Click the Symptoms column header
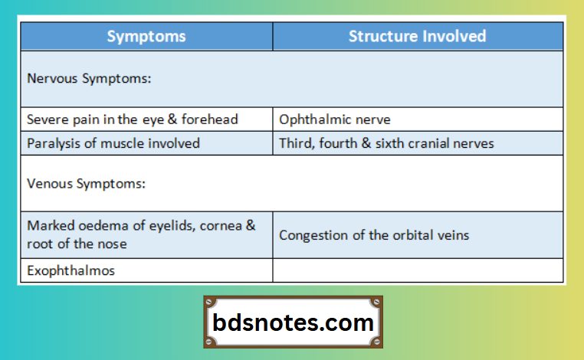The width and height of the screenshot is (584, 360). tap(146, 36)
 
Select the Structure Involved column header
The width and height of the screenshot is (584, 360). tap(417, 36)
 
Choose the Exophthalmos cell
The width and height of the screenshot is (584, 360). tap(71, 270)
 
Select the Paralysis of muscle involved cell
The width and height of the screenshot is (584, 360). tap(113, 143)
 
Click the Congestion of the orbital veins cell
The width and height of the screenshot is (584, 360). tap(374, 235)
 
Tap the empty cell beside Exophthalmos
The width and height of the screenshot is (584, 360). tap(418, 270)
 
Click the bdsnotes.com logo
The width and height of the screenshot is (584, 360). tap(293, 322)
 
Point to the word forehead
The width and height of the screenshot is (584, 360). tap(210, 119)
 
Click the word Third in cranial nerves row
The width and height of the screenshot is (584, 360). tap(294, 143)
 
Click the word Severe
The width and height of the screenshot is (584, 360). tap(45, 119)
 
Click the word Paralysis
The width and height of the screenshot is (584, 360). tap(51, 143)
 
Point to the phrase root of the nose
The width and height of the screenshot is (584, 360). tap(77, 244)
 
